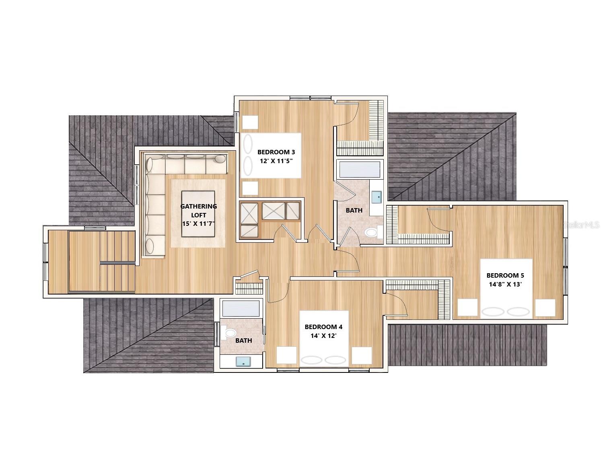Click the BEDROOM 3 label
pyautogui.click(x=276, y=152)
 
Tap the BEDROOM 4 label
pyautogui.click(x=323, y=327)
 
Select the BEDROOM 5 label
pyautogui.click(x=505, y=275)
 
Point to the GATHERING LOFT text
pyautogui.click(x=198, y=211)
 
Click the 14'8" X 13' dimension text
pyautogui.click(x=505, y=284)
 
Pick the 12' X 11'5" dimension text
pyautogui.click(x=276, y=161)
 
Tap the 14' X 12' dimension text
pyautogui.click(x=323, y=336)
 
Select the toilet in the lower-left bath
pyautogui.click(x=228, y=333)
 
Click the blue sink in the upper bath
pyautogui.click(x=377, y=197)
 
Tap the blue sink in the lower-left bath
pyautogui.click(x=243, y=362)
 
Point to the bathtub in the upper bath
pyautogui.click(x=360, y=170)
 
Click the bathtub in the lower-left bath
pyautogui.click(x=241, y=308)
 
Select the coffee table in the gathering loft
pyautogui.click(x=198, y=214)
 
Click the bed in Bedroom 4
pyautogui.click(x=324, y=338)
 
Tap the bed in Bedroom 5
pyautogui.click(x=506, y=288)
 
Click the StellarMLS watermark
pyautogui.click(x=581, y=225)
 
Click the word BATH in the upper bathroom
pyautogui.click(x=354, y=210)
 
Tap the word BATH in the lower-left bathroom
pyautogui.click(x=244, y=340)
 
